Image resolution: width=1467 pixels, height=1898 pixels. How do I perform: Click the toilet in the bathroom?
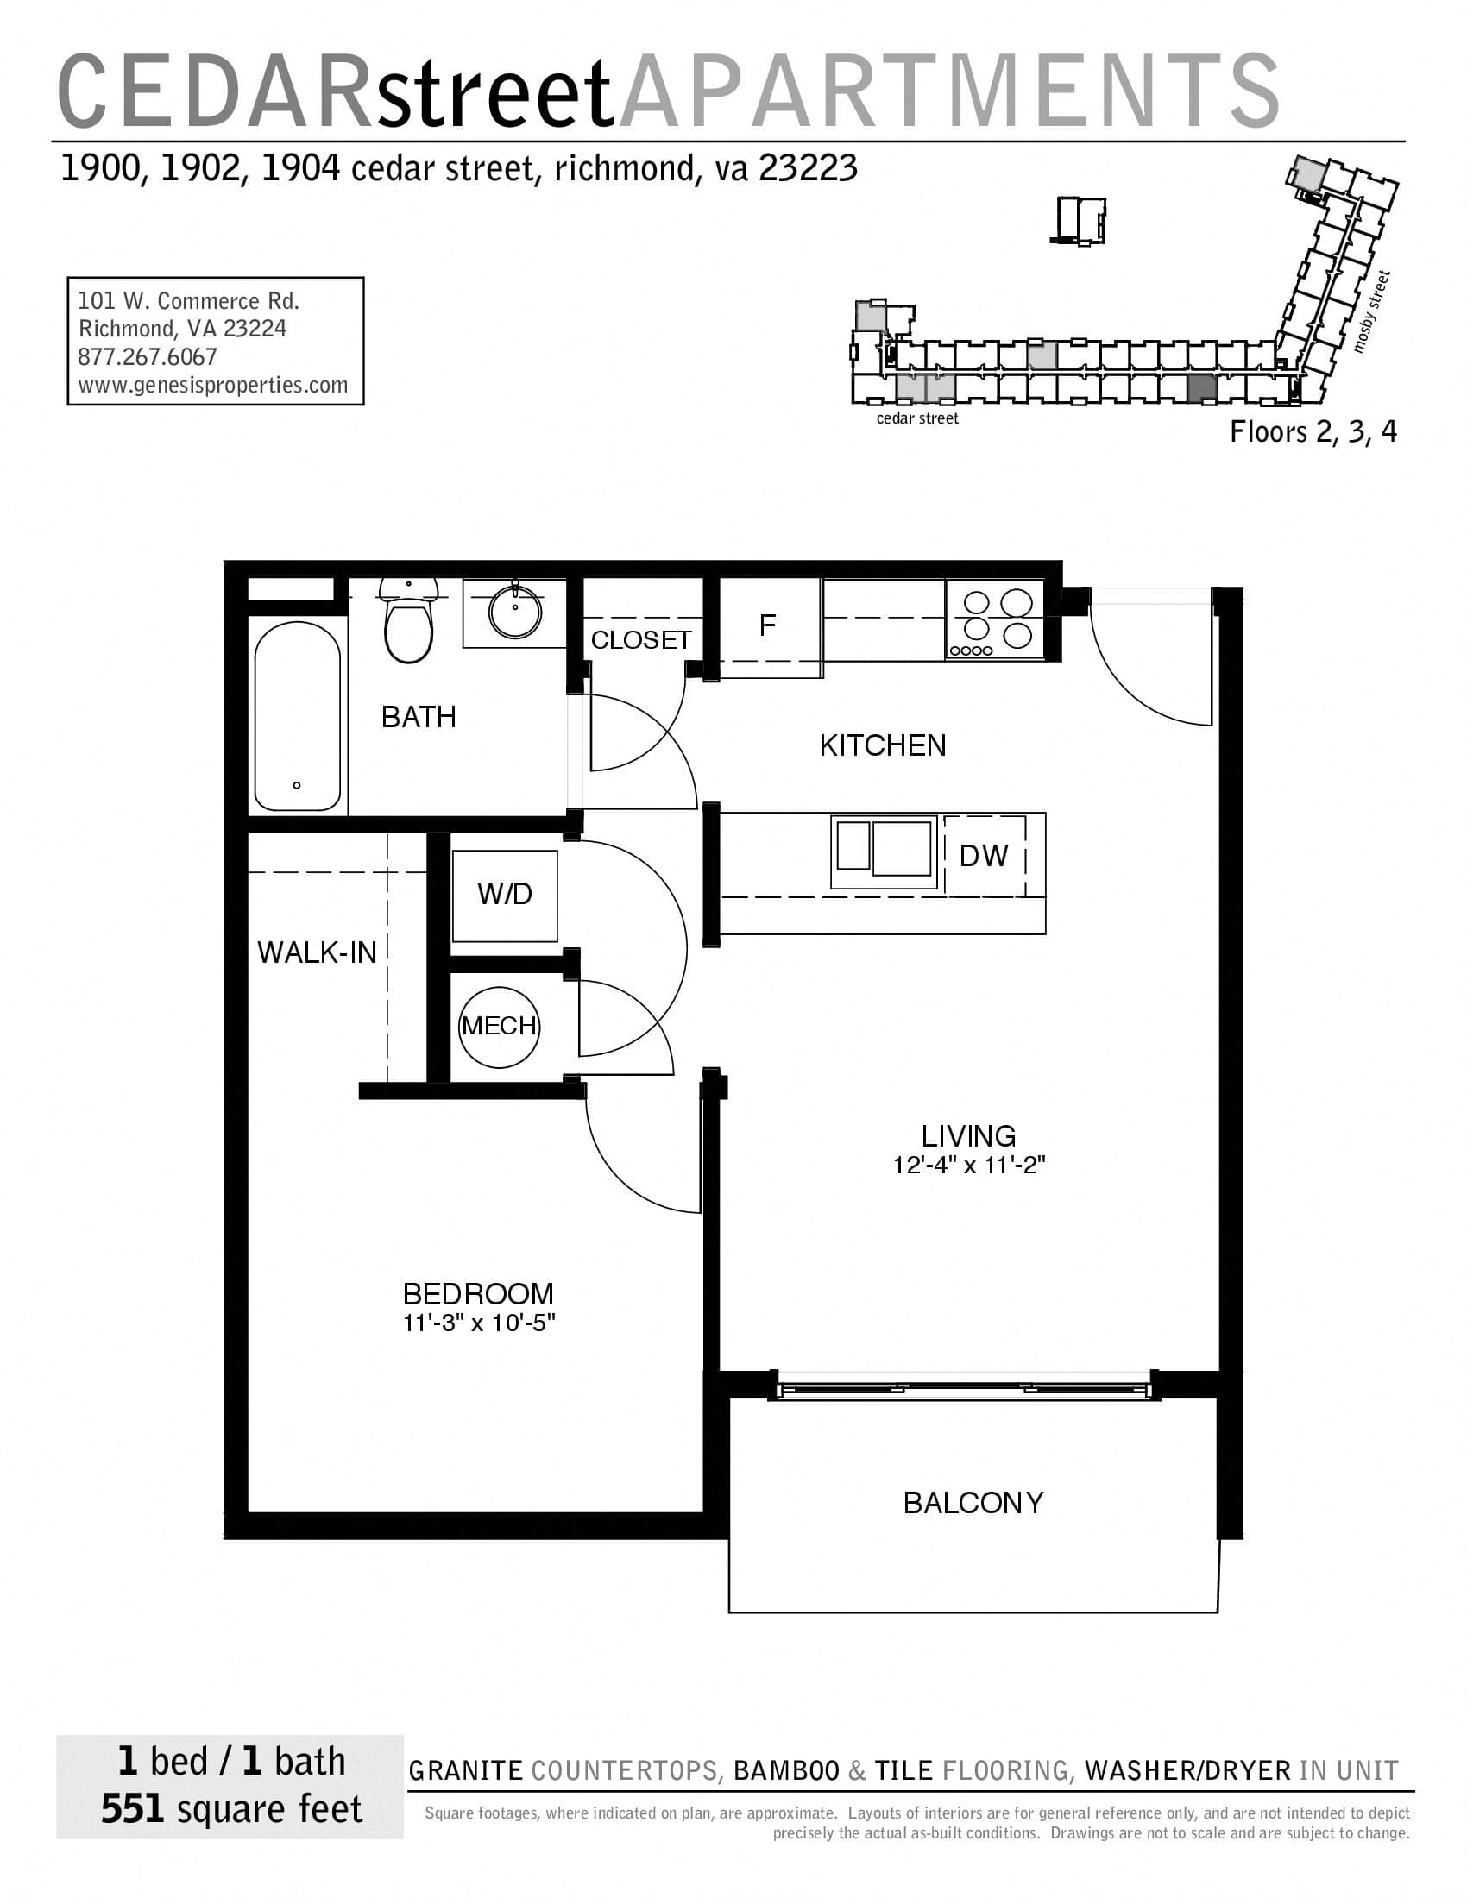(407, 629)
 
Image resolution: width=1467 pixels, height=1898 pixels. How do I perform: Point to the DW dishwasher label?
(983, 856)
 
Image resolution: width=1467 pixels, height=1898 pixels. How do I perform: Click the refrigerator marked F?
(768, 626)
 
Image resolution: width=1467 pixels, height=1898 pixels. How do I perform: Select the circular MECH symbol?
(499, 1027)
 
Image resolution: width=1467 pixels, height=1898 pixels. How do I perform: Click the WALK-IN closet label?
(317, 953)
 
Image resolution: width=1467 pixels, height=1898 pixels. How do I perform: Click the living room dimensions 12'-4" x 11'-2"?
(968, 1166)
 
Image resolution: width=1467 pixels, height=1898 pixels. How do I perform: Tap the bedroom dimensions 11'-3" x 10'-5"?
(478, 1323)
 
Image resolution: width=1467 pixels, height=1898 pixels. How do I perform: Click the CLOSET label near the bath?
(640, 640)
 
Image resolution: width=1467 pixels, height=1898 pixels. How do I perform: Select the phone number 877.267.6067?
(147, 357)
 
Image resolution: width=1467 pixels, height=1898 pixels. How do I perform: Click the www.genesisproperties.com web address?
(213, 385)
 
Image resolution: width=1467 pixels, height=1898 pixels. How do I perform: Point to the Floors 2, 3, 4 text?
(1313, 433)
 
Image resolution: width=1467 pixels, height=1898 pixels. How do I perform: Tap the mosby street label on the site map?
(1372, 311)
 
